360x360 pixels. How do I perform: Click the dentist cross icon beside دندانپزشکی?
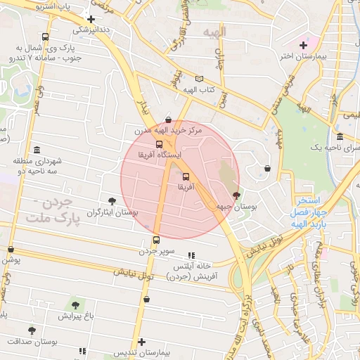click(x=91, y=18)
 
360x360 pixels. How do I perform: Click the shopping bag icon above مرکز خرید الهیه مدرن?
click(x=167, y=120)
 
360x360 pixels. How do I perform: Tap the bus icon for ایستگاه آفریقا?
click(x=158, y=143)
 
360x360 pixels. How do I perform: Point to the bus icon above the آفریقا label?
click(x=186, y=176)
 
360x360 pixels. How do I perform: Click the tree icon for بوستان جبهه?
click(x=236, y=195)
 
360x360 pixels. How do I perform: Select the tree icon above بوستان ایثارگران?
click(x=112, y=202)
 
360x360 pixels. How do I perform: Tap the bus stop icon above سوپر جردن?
click(x=156, y=240)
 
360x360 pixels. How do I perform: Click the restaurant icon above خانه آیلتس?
click(x=191, y=255)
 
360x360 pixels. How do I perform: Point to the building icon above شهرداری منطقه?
click(x=37, y=150)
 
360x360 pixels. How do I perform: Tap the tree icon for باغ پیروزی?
click(x=75, y=305)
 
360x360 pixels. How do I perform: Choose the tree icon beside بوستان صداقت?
click(x=31, y=330)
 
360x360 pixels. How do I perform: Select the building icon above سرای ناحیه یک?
click(x=340, y=136)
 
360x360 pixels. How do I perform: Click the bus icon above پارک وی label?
click(x=46, y=37)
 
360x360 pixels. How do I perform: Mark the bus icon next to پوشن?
click(x=10, y=249)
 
